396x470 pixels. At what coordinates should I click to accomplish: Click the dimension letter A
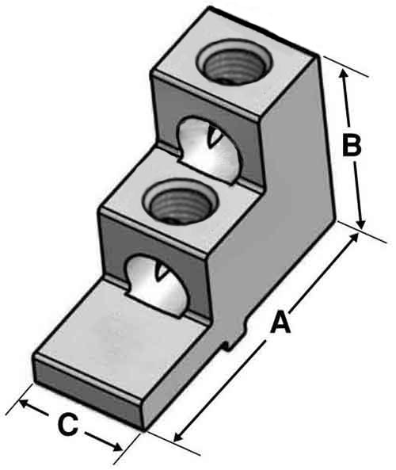pos(280,323)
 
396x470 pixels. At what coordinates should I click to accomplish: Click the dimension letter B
pos(352,146)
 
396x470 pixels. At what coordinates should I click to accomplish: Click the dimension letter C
pos(68,425)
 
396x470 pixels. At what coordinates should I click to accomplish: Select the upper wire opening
pos(210,149)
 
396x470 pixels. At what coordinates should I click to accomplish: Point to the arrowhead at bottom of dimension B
pos(362,224)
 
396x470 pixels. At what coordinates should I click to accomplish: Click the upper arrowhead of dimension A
pos(354,239)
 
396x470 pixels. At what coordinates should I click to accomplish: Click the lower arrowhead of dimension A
pos(178,437)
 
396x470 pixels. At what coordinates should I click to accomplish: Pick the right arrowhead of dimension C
pos(116,447)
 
